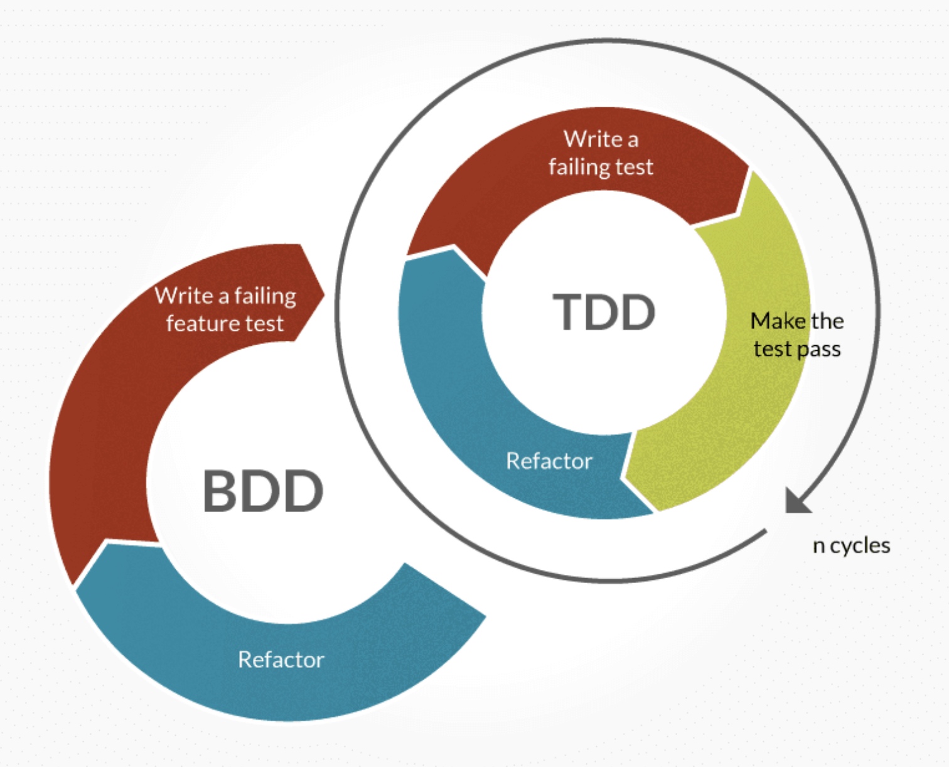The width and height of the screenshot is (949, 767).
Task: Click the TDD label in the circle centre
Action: click(604, 312)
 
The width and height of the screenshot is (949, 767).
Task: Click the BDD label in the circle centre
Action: click(263, 491)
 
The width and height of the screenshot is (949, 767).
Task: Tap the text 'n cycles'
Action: click(851, 545)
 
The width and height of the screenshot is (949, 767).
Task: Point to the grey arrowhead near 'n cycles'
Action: click(797, 501)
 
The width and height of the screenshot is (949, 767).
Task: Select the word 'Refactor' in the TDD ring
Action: click(549, 461)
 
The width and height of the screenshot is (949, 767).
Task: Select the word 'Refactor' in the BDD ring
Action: click(281, 660)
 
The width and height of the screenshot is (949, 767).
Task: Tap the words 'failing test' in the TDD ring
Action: click(601, 168)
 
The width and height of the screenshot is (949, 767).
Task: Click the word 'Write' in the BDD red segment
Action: click(183, 296)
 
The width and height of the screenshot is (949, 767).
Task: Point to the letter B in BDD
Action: click(218, 491)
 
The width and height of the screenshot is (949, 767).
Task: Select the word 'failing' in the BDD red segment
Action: click(265, 296)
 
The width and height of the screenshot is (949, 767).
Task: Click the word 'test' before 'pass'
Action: click(772, 350)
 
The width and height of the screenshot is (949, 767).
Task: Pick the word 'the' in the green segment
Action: click(827, 321)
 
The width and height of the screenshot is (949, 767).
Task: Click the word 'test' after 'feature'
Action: click(264, 324)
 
